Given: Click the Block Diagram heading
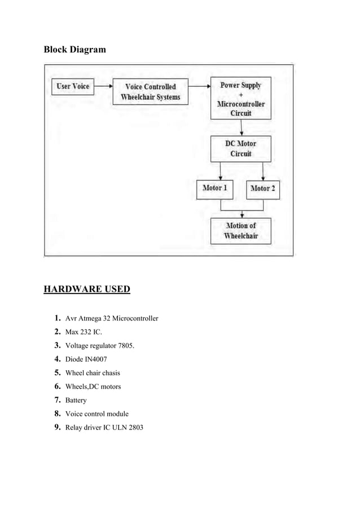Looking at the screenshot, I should click(74, 50).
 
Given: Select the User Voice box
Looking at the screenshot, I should click(73, 87).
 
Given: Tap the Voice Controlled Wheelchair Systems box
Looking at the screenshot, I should click(151, 92).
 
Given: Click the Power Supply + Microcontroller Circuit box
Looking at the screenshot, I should click(241, 99).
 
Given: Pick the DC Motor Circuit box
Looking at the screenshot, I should click(241, 148).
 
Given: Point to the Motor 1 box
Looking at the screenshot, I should click(214, 188).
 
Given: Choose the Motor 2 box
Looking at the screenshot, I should click(263, 188).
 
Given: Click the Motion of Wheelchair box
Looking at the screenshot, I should click(241, 230).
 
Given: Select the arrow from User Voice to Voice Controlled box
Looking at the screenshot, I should click(102, 87).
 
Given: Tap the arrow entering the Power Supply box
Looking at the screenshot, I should click(199, 87).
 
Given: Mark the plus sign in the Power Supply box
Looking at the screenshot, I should click(241, 95).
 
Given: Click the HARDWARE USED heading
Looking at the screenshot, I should click(87, 290).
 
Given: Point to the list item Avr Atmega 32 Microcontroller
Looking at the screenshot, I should click(112, 319).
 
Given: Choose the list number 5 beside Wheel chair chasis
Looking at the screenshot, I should click(58, 372).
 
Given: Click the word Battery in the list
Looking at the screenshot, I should click(76, 400).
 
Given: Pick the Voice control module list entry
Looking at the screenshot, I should click(97, 414).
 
